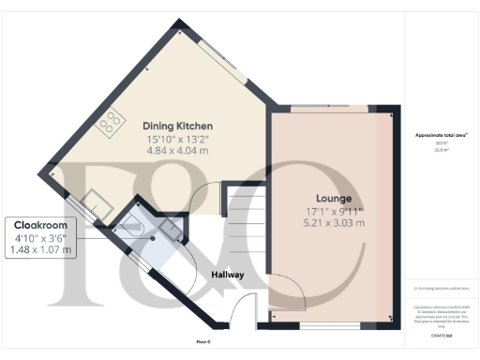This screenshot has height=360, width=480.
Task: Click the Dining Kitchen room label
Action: [178, 126]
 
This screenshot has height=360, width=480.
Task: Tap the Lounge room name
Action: [334, 199]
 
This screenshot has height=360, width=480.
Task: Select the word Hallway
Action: [228, 276]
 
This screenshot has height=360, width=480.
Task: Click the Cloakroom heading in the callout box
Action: [39, 225]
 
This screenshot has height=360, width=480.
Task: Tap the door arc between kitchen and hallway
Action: [203, 200]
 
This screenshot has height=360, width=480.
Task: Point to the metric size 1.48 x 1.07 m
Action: [39, 250]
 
